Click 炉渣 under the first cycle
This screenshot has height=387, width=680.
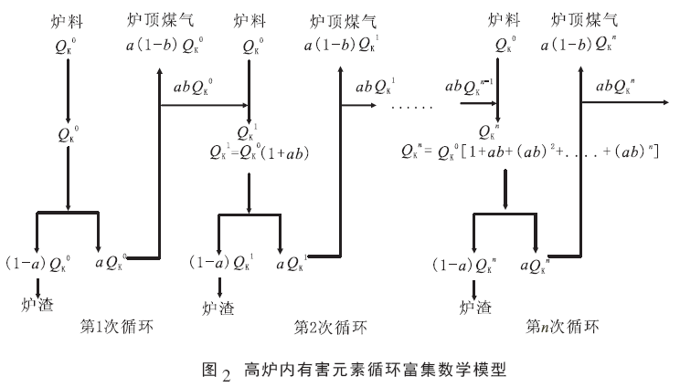click(x=37, y=305)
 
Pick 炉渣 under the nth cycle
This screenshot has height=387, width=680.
click(x=475, y=307)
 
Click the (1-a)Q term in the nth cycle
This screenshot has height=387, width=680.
click(x=471, y=265)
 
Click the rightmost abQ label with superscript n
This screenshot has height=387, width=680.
click(x=617, y=87)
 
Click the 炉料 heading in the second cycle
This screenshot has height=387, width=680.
click(x=249, y=19)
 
